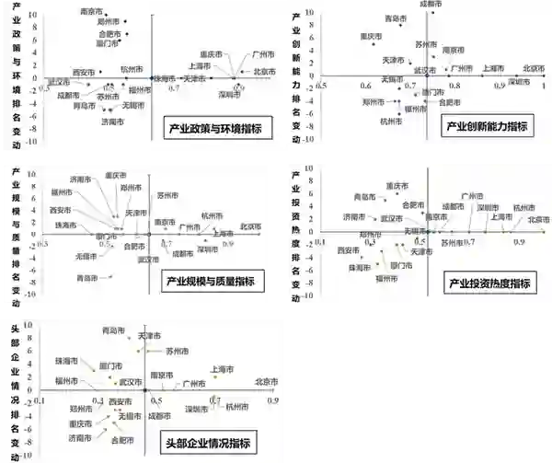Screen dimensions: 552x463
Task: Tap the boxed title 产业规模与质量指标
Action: tap(211, 280)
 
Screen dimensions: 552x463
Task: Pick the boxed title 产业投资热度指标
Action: tap(488, 283)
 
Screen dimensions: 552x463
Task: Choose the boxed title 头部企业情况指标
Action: tap(209, 443)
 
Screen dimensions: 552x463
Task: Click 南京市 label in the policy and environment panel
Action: tap(94, 10)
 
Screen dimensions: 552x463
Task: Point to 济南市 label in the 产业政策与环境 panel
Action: tap(113, 121)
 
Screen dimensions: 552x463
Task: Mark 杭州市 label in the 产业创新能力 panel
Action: tap(392, 121)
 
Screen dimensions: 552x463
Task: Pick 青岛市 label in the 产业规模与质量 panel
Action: tap(89, 277)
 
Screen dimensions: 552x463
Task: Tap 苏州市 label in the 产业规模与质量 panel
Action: tap(167, 195)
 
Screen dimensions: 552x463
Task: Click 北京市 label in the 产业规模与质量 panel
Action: tap(250, 226)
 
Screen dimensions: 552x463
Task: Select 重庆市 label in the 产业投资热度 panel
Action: tap(398, 185)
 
